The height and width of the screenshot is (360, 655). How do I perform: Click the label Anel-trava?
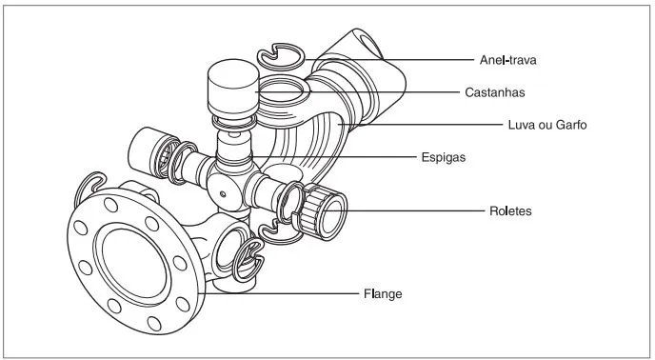[507, 60]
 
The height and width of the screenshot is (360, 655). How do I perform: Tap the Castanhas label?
[495, 92]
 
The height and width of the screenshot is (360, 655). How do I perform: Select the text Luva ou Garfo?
[547, 125]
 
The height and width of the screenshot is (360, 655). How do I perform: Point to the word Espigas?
[444, 158]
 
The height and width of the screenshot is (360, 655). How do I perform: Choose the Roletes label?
[510, 210]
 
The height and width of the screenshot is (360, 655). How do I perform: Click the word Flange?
[383, 293]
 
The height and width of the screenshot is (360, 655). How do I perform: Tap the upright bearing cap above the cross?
[233, 89]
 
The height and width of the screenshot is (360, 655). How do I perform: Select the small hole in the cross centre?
[223, 194]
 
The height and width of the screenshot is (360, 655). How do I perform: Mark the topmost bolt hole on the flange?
[110, 205]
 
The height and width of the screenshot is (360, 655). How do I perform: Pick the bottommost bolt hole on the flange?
[154, 323]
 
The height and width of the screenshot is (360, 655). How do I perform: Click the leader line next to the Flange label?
[283, 293]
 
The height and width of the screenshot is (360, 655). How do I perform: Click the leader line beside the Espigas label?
[335, 157]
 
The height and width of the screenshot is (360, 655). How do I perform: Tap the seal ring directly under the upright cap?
[234, 122]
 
